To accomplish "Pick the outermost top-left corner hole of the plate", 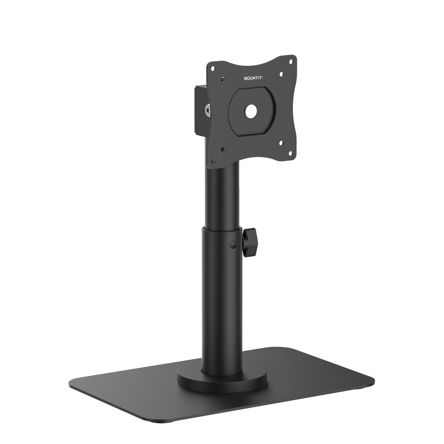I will [212, 68].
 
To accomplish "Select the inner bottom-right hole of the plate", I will [281, 143].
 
